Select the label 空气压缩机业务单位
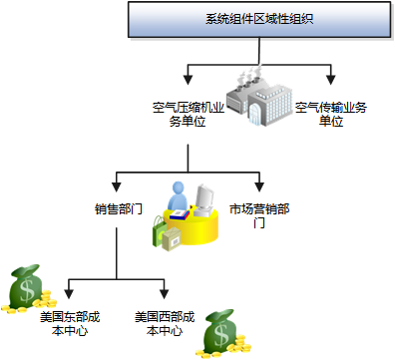tap(188, 112)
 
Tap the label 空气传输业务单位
tap(330, 112)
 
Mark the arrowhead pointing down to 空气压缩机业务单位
tap(188, 77)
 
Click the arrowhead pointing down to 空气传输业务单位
tap(330, 77)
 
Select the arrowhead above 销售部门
tap(117, 186)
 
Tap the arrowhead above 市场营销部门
tap(259, 186)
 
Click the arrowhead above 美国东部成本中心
tap(68, 294)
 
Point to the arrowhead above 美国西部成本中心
tap(164, 294)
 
